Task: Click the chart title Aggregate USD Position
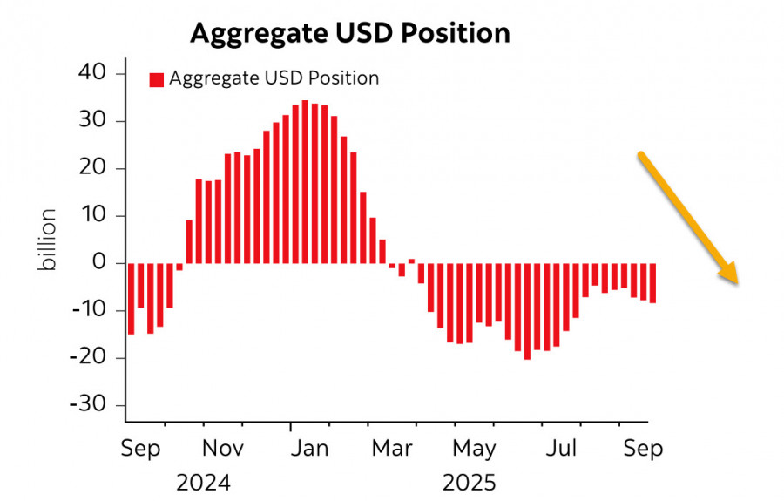349,32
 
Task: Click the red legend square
157,79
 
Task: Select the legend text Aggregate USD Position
274,78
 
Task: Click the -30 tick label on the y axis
86,405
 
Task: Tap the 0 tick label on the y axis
98,263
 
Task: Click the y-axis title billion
48,239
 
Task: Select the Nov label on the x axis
223,449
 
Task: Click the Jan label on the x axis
308,449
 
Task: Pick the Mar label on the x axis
392,449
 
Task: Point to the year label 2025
470,482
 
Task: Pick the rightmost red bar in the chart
653,282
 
